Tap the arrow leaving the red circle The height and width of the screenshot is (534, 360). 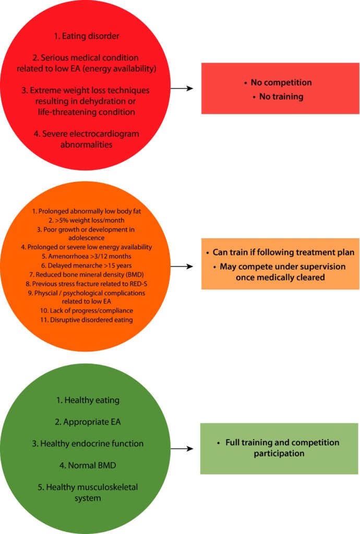point(182,88)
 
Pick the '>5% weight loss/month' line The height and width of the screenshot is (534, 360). point(85,221)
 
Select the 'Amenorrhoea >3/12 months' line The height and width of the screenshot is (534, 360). point(85,257)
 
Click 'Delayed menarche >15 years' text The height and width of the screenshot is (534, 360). point(85,265)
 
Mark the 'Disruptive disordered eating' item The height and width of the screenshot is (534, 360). point(85,320)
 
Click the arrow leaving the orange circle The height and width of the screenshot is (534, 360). point(182,266)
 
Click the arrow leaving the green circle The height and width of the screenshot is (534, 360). point(182,448)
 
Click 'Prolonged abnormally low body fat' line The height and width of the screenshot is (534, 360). point(85,212)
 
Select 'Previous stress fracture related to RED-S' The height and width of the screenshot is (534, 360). point(85,284)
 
